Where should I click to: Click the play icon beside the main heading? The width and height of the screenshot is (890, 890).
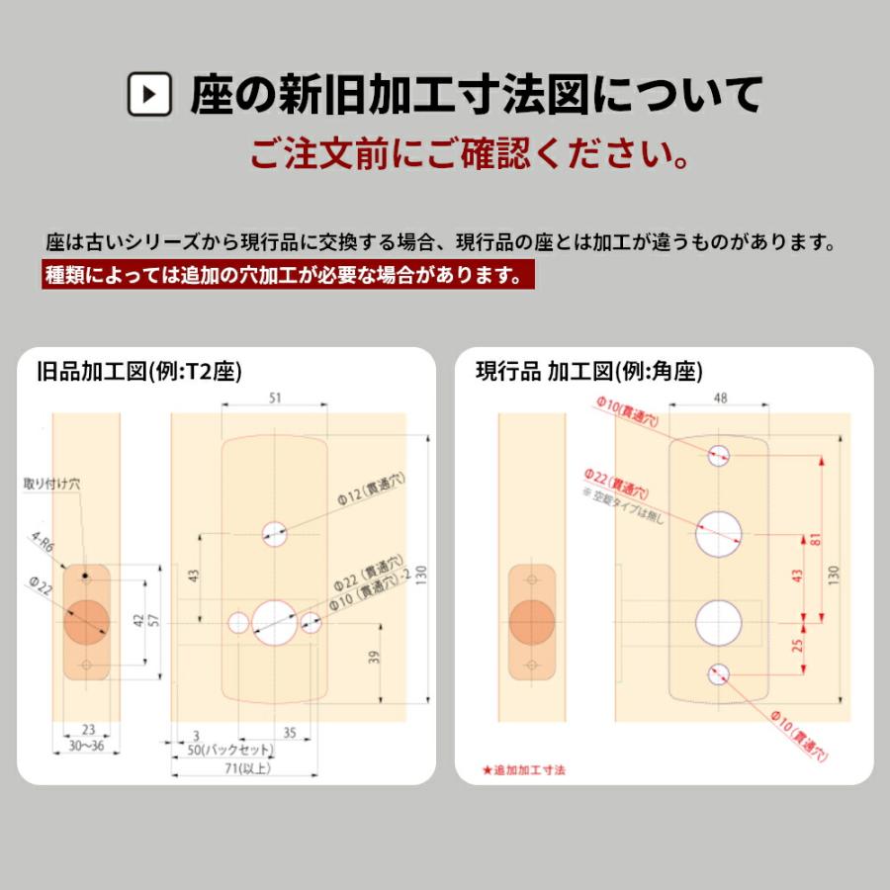point(150,95)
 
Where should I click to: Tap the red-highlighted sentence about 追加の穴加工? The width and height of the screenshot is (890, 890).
point(288,274)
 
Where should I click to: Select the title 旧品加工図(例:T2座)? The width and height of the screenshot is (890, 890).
point(138,372)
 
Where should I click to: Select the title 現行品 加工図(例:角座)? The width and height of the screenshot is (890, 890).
point(588,372)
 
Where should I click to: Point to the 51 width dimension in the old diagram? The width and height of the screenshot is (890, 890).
point(274,398)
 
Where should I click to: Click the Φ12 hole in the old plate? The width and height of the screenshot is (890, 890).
point(274,533)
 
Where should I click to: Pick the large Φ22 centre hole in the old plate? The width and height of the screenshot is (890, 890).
point(273,619)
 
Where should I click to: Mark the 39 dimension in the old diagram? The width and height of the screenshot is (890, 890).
point(374,658)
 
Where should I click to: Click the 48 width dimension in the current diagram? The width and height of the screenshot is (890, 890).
point(719,398)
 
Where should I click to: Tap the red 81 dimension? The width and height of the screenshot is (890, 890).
point(813,539)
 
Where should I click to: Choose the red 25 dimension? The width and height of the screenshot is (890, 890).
point(798,648)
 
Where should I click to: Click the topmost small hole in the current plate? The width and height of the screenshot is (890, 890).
point(719,456)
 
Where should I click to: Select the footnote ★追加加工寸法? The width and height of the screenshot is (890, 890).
point(524,768)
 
